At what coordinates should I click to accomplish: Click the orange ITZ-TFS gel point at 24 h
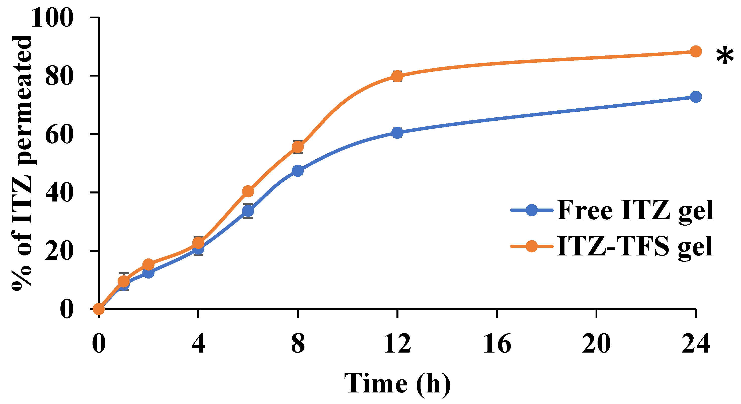click(695, 51)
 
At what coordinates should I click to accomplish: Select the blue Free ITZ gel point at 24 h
click(695, 97)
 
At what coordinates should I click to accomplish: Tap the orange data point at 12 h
click(397, 76)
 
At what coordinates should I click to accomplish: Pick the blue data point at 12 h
click(397, 133)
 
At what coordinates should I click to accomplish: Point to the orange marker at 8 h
click(297, 147)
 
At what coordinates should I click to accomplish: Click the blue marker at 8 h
click(297, 171)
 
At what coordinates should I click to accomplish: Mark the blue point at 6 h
click(248, 211)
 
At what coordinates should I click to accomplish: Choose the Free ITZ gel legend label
click(635, 210)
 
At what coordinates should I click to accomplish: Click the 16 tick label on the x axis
click(497, 344)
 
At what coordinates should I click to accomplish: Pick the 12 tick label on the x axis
click(397, 344)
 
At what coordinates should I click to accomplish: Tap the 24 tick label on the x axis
click(696, 344)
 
